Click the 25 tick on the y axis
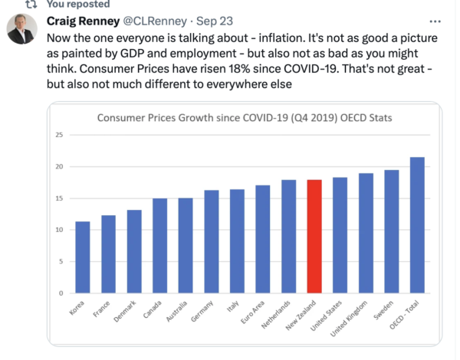pos(58,136)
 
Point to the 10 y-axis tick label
pos(58,230)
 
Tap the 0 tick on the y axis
pos(60,293)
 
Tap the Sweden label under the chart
pos(388,309)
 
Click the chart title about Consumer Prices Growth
pos(243,118)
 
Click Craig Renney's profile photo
pos(21,29)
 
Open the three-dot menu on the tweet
pos(435,20)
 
